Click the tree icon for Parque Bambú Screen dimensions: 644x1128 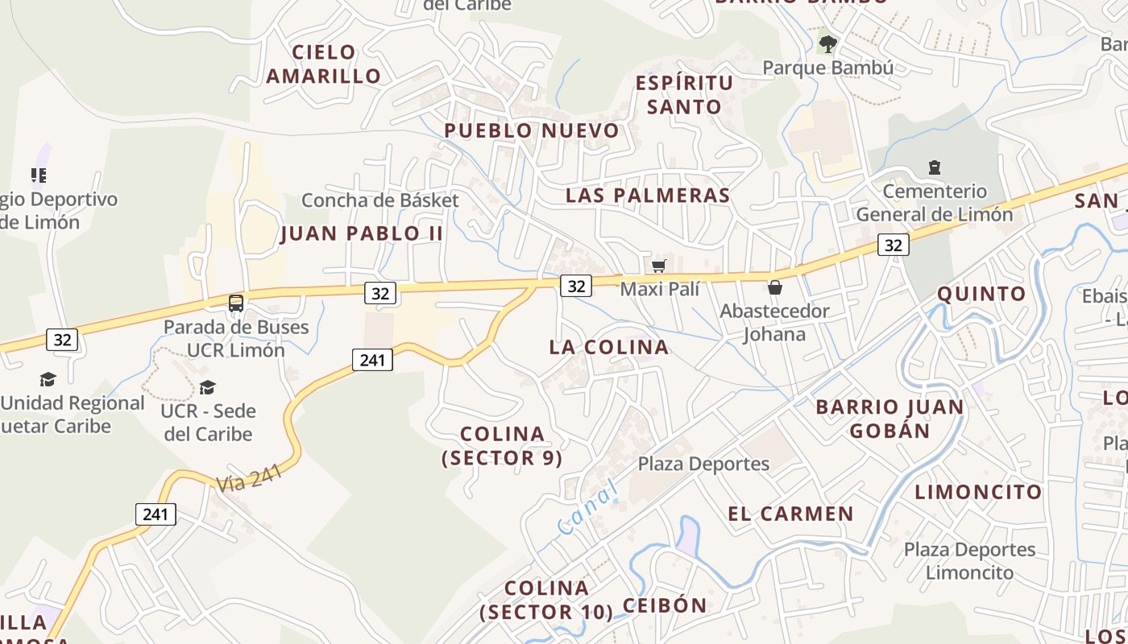[827, 43]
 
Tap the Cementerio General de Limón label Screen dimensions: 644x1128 [934, 203]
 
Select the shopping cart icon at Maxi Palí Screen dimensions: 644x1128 [658, 266]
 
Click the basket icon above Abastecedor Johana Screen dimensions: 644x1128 [774, 287]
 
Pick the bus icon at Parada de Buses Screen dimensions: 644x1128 [236, 303]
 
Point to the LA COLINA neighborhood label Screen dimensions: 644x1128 [609, 347]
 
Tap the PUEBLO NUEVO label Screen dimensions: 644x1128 [532, 130]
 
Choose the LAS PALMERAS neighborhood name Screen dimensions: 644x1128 [648, 195]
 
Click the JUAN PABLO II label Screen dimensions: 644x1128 [362, 233]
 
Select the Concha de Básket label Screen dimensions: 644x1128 [380, 200]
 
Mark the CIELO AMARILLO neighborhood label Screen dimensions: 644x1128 [324, 64]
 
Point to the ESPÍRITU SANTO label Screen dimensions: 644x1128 [684, 95]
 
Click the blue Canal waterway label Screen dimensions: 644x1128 [587, 507]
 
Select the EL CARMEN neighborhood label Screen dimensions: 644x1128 [790, 514]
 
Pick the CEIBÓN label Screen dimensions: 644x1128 [665, 605]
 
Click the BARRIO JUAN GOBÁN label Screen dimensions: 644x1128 [890, 419]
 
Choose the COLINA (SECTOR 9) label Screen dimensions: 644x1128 [502, 446]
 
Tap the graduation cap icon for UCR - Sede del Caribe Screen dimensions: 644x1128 [208, 387]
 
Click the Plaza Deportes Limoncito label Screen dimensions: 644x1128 [969, 561]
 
